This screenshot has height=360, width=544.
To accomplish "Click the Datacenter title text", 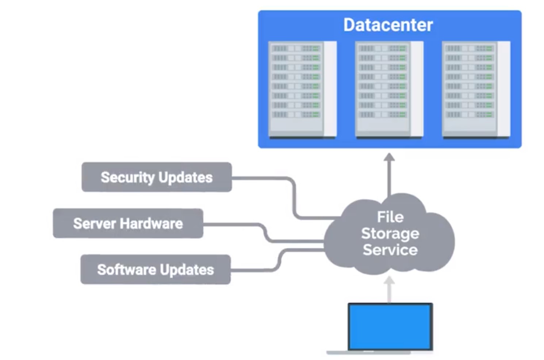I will click(x=388, y=25).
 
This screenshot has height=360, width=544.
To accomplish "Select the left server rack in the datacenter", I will click(x=302, y=89).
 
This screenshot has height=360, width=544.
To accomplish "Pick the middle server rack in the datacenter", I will click(x=389, y=89).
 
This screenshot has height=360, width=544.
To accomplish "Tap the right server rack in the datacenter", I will click(x=476, y=89).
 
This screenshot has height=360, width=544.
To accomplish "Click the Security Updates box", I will click(x=157, y=177).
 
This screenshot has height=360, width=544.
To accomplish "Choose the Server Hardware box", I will click(x=128, y=223).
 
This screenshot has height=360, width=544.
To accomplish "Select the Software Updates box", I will click(x=156, y=269).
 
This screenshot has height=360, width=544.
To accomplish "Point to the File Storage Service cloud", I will click(x=390, y=234).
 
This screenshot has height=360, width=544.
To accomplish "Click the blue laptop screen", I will click(x=390, y=326).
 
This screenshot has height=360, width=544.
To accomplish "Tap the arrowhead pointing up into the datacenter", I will click(x=389, y=157).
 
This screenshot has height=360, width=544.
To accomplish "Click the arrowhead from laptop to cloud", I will click(x=389, y=281).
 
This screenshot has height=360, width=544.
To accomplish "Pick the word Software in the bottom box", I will click(x=127, y=269).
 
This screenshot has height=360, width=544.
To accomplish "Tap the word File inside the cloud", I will click(x=390, y=217).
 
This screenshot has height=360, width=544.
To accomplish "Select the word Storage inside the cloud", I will click(x=390, y=233).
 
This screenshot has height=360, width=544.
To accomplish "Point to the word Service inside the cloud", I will click(x=390, y=250).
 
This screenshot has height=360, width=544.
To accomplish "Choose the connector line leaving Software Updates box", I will click(x=256, y=270).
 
